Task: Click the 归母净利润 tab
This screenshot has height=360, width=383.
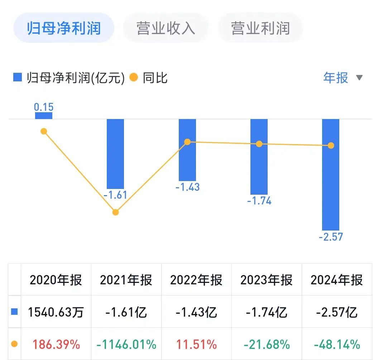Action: pyautogui.click(x=64, y=28)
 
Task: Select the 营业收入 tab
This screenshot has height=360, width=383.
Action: pyautogui.click(x=166, y=28)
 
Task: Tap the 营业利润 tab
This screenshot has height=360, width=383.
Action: pyautogui.click(x=260, y=28)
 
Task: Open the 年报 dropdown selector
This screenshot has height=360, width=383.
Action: pyautogui.click(x=343, y=77)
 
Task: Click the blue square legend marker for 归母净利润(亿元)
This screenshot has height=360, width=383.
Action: pyautogui.click(x=18, y=77)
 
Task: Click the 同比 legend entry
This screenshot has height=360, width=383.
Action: pyautogui.click(x=148, y=78)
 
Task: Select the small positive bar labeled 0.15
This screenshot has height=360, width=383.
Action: pyautogui.click(x=44, y=115)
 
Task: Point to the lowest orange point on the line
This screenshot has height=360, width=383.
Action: pyautogui.click(x=115, y=212)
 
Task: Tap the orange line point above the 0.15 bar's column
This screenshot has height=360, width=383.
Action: pyautogui.click(x=44, y=131)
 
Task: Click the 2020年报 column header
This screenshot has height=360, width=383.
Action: pyautogui.click(x=56, y=280)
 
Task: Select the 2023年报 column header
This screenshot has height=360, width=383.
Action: pyautogui.click(x=266, y=280)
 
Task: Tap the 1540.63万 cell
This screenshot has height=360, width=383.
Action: pyautogui.click(x=56, y=312)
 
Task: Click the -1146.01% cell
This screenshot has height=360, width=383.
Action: pyautogui.click(x=126, y=345)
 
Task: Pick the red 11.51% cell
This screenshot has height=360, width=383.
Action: pyautogui.click(x=196, y=345)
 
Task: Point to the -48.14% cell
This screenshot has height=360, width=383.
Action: pyautogui.click(x=336, y=345)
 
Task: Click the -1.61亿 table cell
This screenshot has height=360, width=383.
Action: pyautogui.click(x=126, y=312)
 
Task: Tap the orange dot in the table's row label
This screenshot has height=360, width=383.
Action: pyautogui.click(x=14, y=344)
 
